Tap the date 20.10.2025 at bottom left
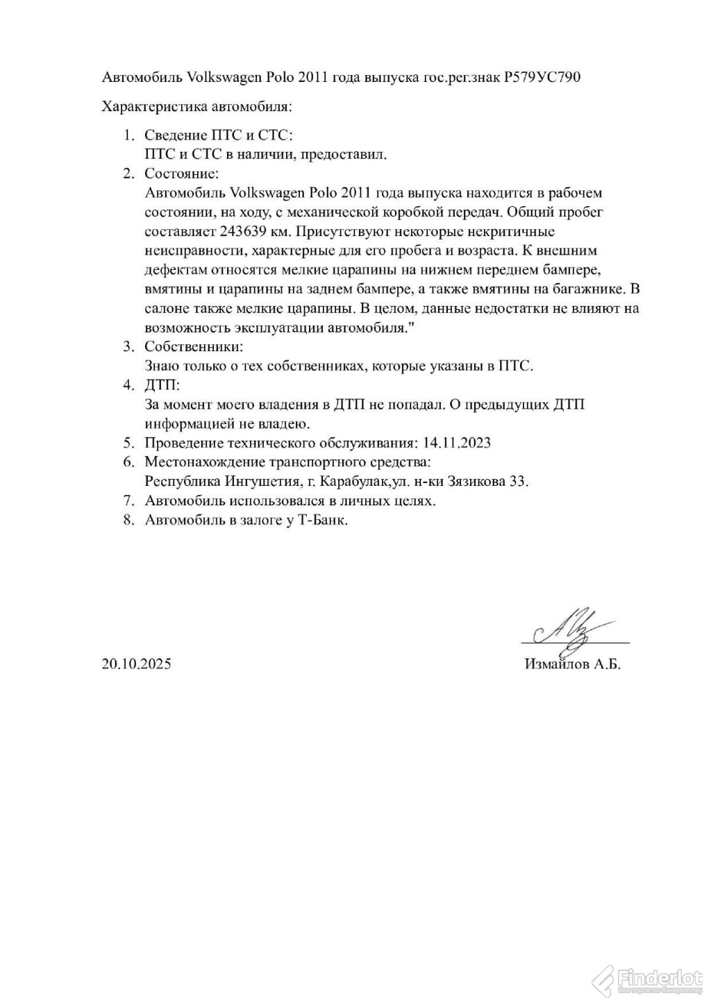point(136,664)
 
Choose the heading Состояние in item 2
point(181,172)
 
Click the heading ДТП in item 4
point(160,385)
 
